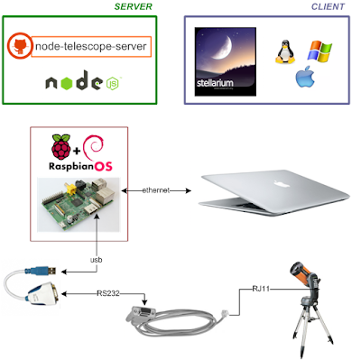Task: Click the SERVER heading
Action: [133, 6]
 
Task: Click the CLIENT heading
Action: [328, 6]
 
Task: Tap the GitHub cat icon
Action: [20, 46]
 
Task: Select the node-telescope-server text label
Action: [91, 46]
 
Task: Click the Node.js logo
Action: [83, 80]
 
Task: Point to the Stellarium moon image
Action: [226, 61]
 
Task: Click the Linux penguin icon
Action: [285, 52]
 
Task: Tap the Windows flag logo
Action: [319, 51]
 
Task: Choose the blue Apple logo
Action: [305, 77]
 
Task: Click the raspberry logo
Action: [61, 147]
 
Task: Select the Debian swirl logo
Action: [94, 146]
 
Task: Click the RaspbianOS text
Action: [80, 166]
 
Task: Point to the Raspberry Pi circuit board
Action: [79, 205]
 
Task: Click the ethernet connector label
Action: [156, 190]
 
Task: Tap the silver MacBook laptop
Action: [273, 192]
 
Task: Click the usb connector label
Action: [97, 260]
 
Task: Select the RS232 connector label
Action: [108, 293]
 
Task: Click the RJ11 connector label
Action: [261, 289]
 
